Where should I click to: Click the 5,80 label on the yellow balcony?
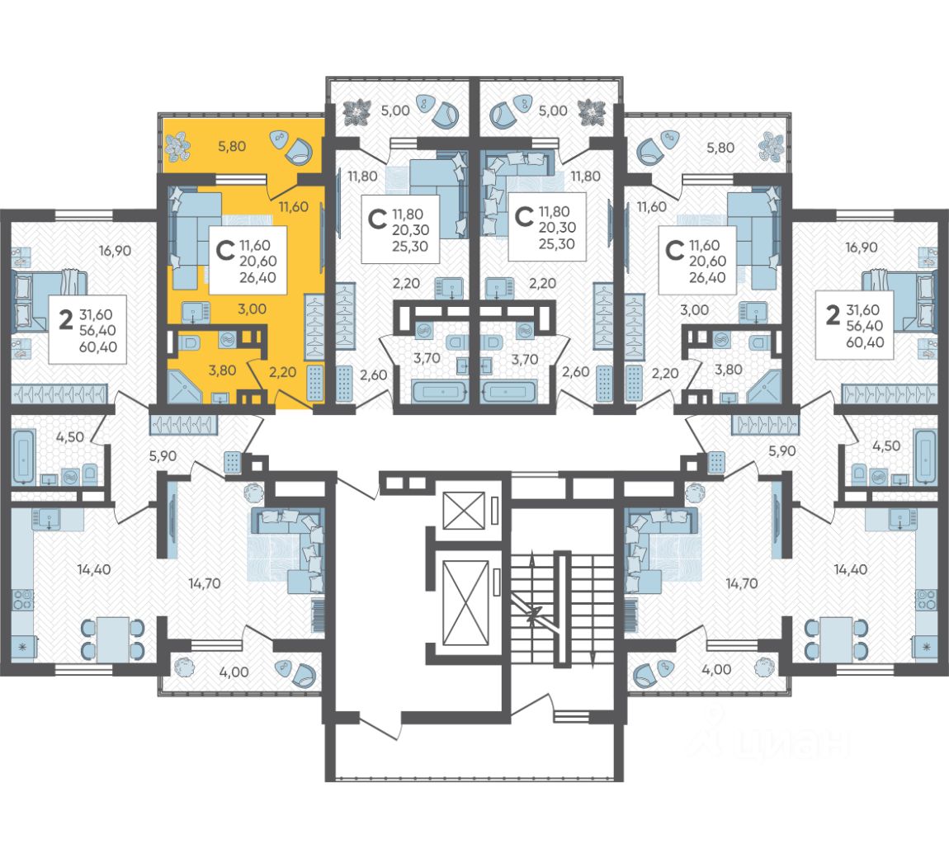pos(232,146)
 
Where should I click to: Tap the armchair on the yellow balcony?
pos(301,151)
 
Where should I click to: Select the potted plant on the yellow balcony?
pos(178,148)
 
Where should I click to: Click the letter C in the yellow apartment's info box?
pos(225,250)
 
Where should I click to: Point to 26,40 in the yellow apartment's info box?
pos(257,278)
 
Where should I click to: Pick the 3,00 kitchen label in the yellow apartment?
pos(252,309)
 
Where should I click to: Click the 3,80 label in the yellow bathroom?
pos(222,370)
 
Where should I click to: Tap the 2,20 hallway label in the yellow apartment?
pos(283,372)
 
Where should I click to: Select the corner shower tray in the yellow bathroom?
pos(185,385)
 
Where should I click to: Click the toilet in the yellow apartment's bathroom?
pos(190,342)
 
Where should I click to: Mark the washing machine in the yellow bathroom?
pos(228,340)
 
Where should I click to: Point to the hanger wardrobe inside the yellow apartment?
pos(314,327)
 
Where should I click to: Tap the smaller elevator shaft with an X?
pos(465,511)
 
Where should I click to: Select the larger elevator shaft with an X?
pos(465,602)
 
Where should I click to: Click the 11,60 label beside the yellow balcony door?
pos(293,206)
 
